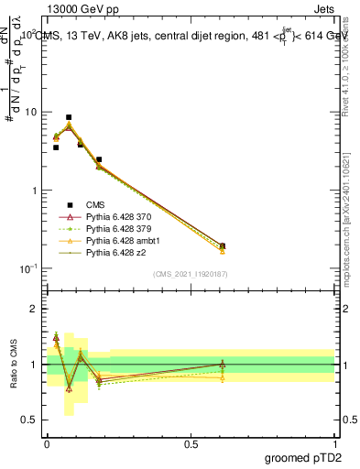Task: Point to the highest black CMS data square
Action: pos(69,117)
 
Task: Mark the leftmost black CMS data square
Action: pos(56,147)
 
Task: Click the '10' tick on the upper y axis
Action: pos(30,112)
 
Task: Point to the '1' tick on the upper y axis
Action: pos(34,191)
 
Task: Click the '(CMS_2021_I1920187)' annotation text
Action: pos(191,274)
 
